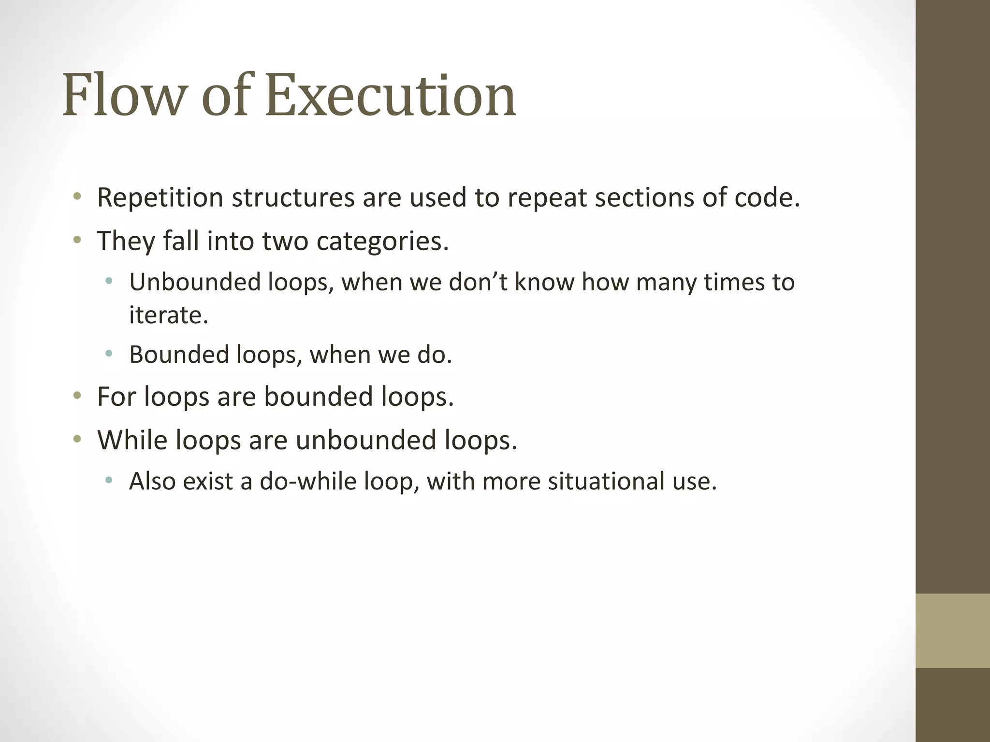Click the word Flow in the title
pyautogui.click(x=123, y=95)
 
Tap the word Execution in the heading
pyautogui.click(x=391, y=95)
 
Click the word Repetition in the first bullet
pyautogui.click(x=160, y=198)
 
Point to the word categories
pyautogui.click(x=382, y=241)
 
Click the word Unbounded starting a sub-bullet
pyautogui.click(x=195, y=282)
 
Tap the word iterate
pyautogui.click(x=168, y=315)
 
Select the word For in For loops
pyautogui.click(x=116, y=397)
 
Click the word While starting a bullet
pyautogui.click(x=132, y=440)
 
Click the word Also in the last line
pyautogui.click(x=152, y=482)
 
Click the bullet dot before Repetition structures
pyautogui.click(x=77, y=197)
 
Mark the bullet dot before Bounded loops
pyautogui.click(x=109, y=354)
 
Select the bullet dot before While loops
pyautogui.click(x=77, y=439)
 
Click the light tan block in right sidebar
pyautogui.click(x=952, y=630)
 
